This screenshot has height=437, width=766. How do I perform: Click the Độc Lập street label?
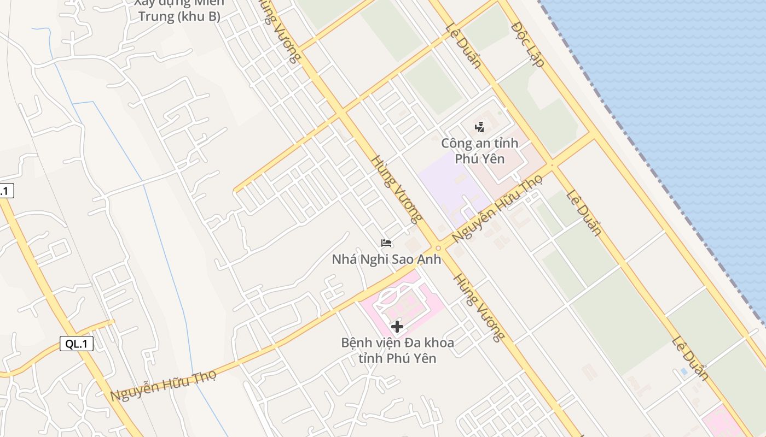528,45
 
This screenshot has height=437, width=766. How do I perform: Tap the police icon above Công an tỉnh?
480,127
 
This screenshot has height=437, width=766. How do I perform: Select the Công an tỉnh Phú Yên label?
479,151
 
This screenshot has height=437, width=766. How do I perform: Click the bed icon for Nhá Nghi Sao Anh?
386,243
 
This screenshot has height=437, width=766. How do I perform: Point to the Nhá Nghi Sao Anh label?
386,259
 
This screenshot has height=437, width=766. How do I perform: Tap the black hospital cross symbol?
397,327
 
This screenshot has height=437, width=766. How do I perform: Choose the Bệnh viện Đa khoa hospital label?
397,351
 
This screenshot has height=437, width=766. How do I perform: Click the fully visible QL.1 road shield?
77,344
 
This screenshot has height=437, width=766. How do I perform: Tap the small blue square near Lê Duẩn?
684,371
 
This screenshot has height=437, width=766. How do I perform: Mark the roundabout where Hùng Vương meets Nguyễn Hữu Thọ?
438,248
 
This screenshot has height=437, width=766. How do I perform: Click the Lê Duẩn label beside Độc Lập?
463,46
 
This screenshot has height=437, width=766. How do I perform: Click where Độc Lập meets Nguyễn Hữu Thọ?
593,134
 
